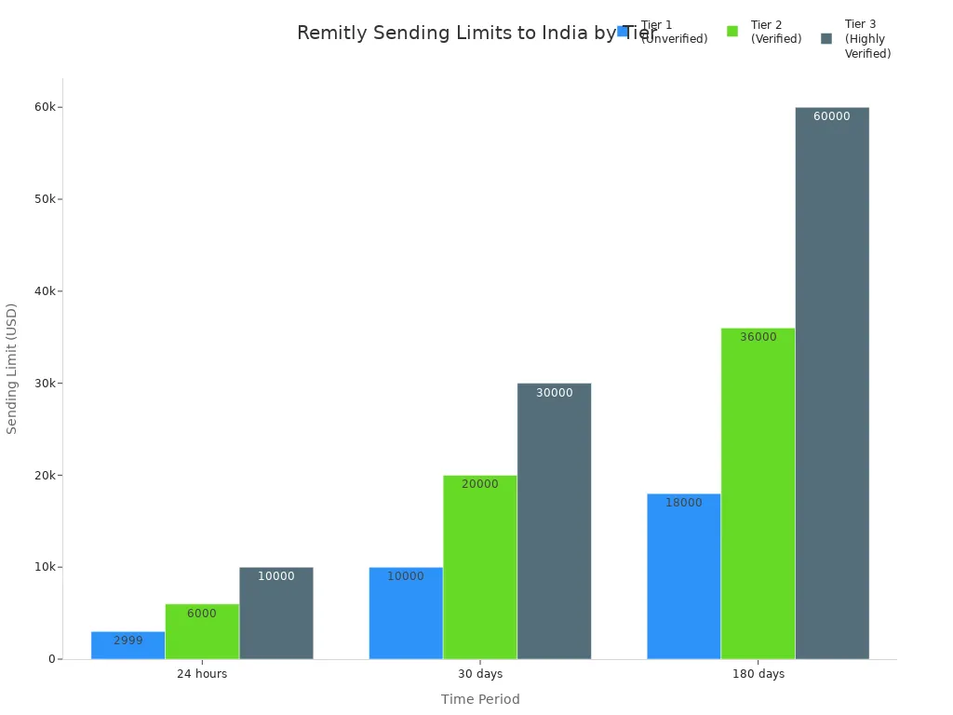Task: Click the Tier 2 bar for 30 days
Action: [x=480, y=567]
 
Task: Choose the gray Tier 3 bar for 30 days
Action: [x=554, y=521]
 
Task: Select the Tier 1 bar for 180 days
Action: [x=684, y=576]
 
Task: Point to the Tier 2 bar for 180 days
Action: [x=758, y=493]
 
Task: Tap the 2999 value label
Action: [x=128, y=641]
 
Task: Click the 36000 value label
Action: [x=758, y=337]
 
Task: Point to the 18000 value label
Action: [x=684, y=503]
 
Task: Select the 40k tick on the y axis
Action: [x=43, y=291]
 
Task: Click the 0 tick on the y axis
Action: [x=52, y=659]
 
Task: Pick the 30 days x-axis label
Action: [x=480, y=674]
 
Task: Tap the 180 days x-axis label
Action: [x=758, y=674]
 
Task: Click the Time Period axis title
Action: [x=480, y=699]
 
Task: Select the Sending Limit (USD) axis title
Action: [x=12, y=368]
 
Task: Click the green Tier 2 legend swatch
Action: [x=732, y=32]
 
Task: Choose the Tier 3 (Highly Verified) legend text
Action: [x=867, y=39]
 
